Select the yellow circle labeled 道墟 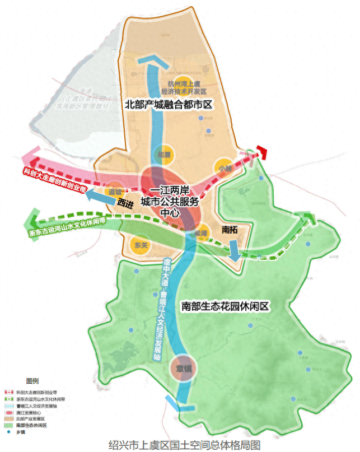point(115,190)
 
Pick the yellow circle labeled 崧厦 point(164,155)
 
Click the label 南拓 point(231,229)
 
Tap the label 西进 point(126,206)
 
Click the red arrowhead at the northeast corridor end point(261,153)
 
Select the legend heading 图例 point(33,380)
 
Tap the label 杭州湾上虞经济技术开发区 point(184,86)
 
